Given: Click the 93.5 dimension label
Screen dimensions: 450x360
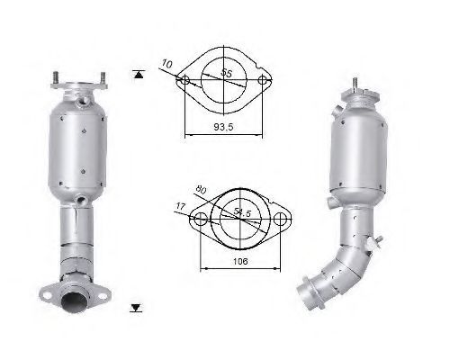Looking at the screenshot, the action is click(223, 127).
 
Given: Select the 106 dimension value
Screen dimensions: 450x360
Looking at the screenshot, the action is click(240, 261).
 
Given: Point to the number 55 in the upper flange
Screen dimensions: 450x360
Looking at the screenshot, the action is click(227, 73).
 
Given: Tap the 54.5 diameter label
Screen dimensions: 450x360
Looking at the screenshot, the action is click(242, 212).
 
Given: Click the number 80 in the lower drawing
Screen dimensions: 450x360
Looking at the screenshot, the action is click(201, 190).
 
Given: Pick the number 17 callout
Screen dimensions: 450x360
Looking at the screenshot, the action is click(181, 206).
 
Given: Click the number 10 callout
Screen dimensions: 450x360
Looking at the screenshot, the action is click(166, 64).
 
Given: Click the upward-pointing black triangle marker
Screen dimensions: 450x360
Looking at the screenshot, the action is click(139, 75).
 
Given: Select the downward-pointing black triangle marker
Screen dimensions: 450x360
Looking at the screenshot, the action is click(136, 308).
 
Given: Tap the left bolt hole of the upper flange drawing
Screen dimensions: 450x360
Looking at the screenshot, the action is click(185, 80).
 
